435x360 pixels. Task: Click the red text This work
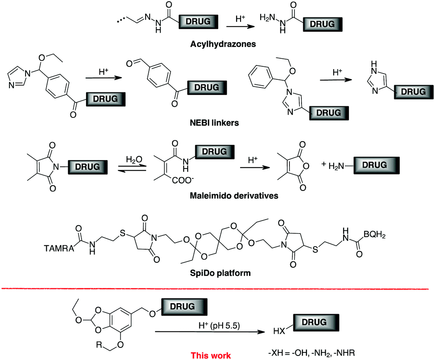211,356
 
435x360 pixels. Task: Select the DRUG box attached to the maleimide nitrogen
88,167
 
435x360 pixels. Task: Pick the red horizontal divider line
217,289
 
